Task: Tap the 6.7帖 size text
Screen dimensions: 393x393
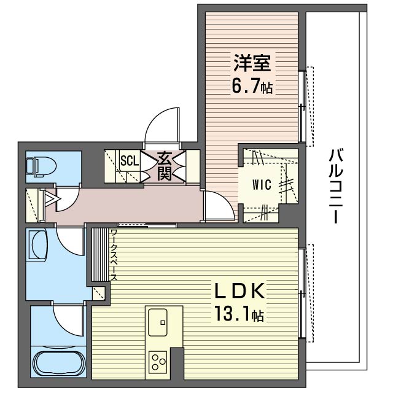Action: tap(252, 85)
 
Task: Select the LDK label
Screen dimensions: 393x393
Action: tap(239, 290)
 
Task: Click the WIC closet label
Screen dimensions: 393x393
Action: tap(262, 185)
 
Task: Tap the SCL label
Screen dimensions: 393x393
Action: tap(130, 161)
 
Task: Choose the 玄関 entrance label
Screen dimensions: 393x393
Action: tap(164, 166)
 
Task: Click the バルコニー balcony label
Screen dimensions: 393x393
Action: tap(335, 185)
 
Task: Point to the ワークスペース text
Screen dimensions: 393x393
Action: tap(114, 254)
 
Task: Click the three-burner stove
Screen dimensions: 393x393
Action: tap(158, 362)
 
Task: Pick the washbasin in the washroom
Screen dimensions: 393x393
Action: tap(38, 244)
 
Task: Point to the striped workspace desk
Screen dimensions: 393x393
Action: tap(100, 254)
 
